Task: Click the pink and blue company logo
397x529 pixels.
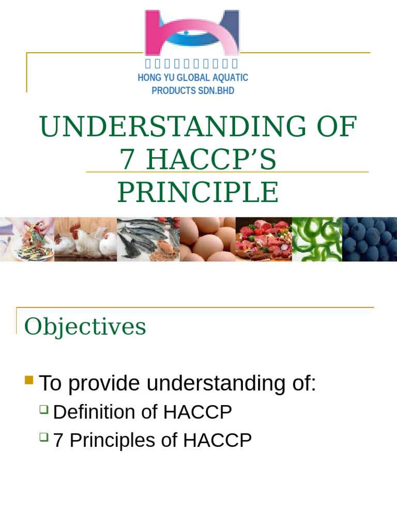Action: (192, 32)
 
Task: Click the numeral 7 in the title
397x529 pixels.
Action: (127, 160)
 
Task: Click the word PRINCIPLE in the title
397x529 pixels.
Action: (198, 193)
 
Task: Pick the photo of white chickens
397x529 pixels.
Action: (86, 239)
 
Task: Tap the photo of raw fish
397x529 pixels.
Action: (148, 239)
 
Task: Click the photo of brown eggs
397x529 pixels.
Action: (207, 239)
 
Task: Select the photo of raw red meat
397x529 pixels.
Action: (264, 239)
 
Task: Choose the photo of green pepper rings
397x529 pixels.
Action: (317, 239)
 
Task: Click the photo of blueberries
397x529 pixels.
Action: (369, 239)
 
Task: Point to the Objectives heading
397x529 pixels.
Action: (85, 326)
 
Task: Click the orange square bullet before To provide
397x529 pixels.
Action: (29, 381)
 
